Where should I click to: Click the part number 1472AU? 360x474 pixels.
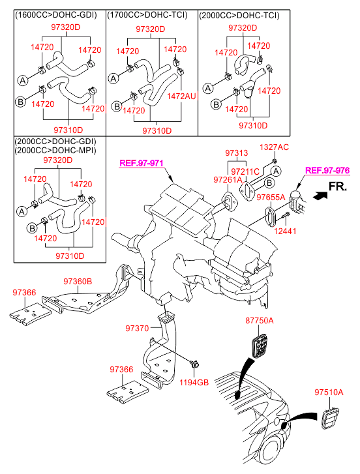click(181, 96)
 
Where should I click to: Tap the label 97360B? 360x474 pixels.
click(78, 282)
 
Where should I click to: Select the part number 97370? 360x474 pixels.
click(137, 328)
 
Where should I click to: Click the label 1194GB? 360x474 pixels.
click(194, 383)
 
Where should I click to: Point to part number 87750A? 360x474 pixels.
click(260, 320)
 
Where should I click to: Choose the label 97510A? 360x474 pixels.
click(329, 393)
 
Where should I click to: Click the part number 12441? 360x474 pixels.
click(285, 231)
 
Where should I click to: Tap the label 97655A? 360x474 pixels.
click(271, 198)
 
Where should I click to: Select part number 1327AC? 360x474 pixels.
click(274, 147)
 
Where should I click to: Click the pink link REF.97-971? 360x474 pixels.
click(142, 163)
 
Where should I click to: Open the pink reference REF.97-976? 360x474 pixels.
click(327, 170)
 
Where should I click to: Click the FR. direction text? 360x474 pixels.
click(338, 186)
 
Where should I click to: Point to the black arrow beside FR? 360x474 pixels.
click(320, 196)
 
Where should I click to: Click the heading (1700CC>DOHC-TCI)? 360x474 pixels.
click(147, 15)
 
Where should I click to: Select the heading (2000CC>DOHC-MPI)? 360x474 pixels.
click(55, 150)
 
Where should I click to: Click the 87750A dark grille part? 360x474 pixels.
click(260, 345)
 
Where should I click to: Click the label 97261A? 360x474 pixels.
click(228, 179)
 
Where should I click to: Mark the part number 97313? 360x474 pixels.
click(236, 153)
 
